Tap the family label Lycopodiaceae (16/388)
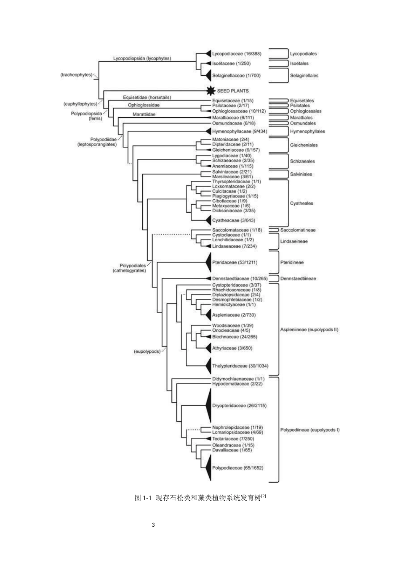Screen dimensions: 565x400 [x=236, y=54]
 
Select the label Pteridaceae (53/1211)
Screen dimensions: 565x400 [x=235, y=262]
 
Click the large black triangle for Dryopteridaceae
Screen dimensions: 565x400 [x=208, y=406]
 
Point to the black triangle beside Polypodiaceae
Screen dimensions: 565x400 [x=207, y=467]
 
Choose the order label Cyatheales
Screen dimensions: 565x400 [x=301, y=203]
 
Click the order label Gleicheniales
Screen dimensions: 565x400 [x=304, y=145]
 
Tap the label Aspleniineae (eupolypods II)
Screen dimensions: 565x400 [x=309, y=330]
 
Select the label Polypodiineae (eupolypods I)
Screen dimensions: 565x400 [x=310, y=430]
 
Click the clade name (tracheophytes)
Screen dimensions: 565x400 [x=76, y=75]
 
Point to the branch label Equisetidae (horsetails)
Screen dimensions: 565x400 [x=147, y=98]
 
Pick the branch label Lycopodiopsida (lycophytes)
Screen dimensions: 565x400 [x=142, y=58]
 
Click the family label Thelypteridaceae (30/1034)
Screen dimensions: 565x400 [x=240, y=366]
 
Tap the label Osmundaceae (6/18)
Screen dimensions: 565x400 [x=234, y=123]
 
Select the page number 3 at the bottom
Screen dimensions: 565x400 [x=153, y=525]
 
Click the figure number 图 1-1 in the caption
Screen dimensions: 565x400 [x=143, y=498]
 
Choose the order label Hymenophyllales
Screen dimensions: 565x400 [x=307, y=131]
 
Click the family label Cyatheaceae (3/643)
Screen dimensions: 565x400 [x=233, y=220]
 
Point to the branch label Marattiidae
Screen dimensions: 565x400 [x=144, y=114]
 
